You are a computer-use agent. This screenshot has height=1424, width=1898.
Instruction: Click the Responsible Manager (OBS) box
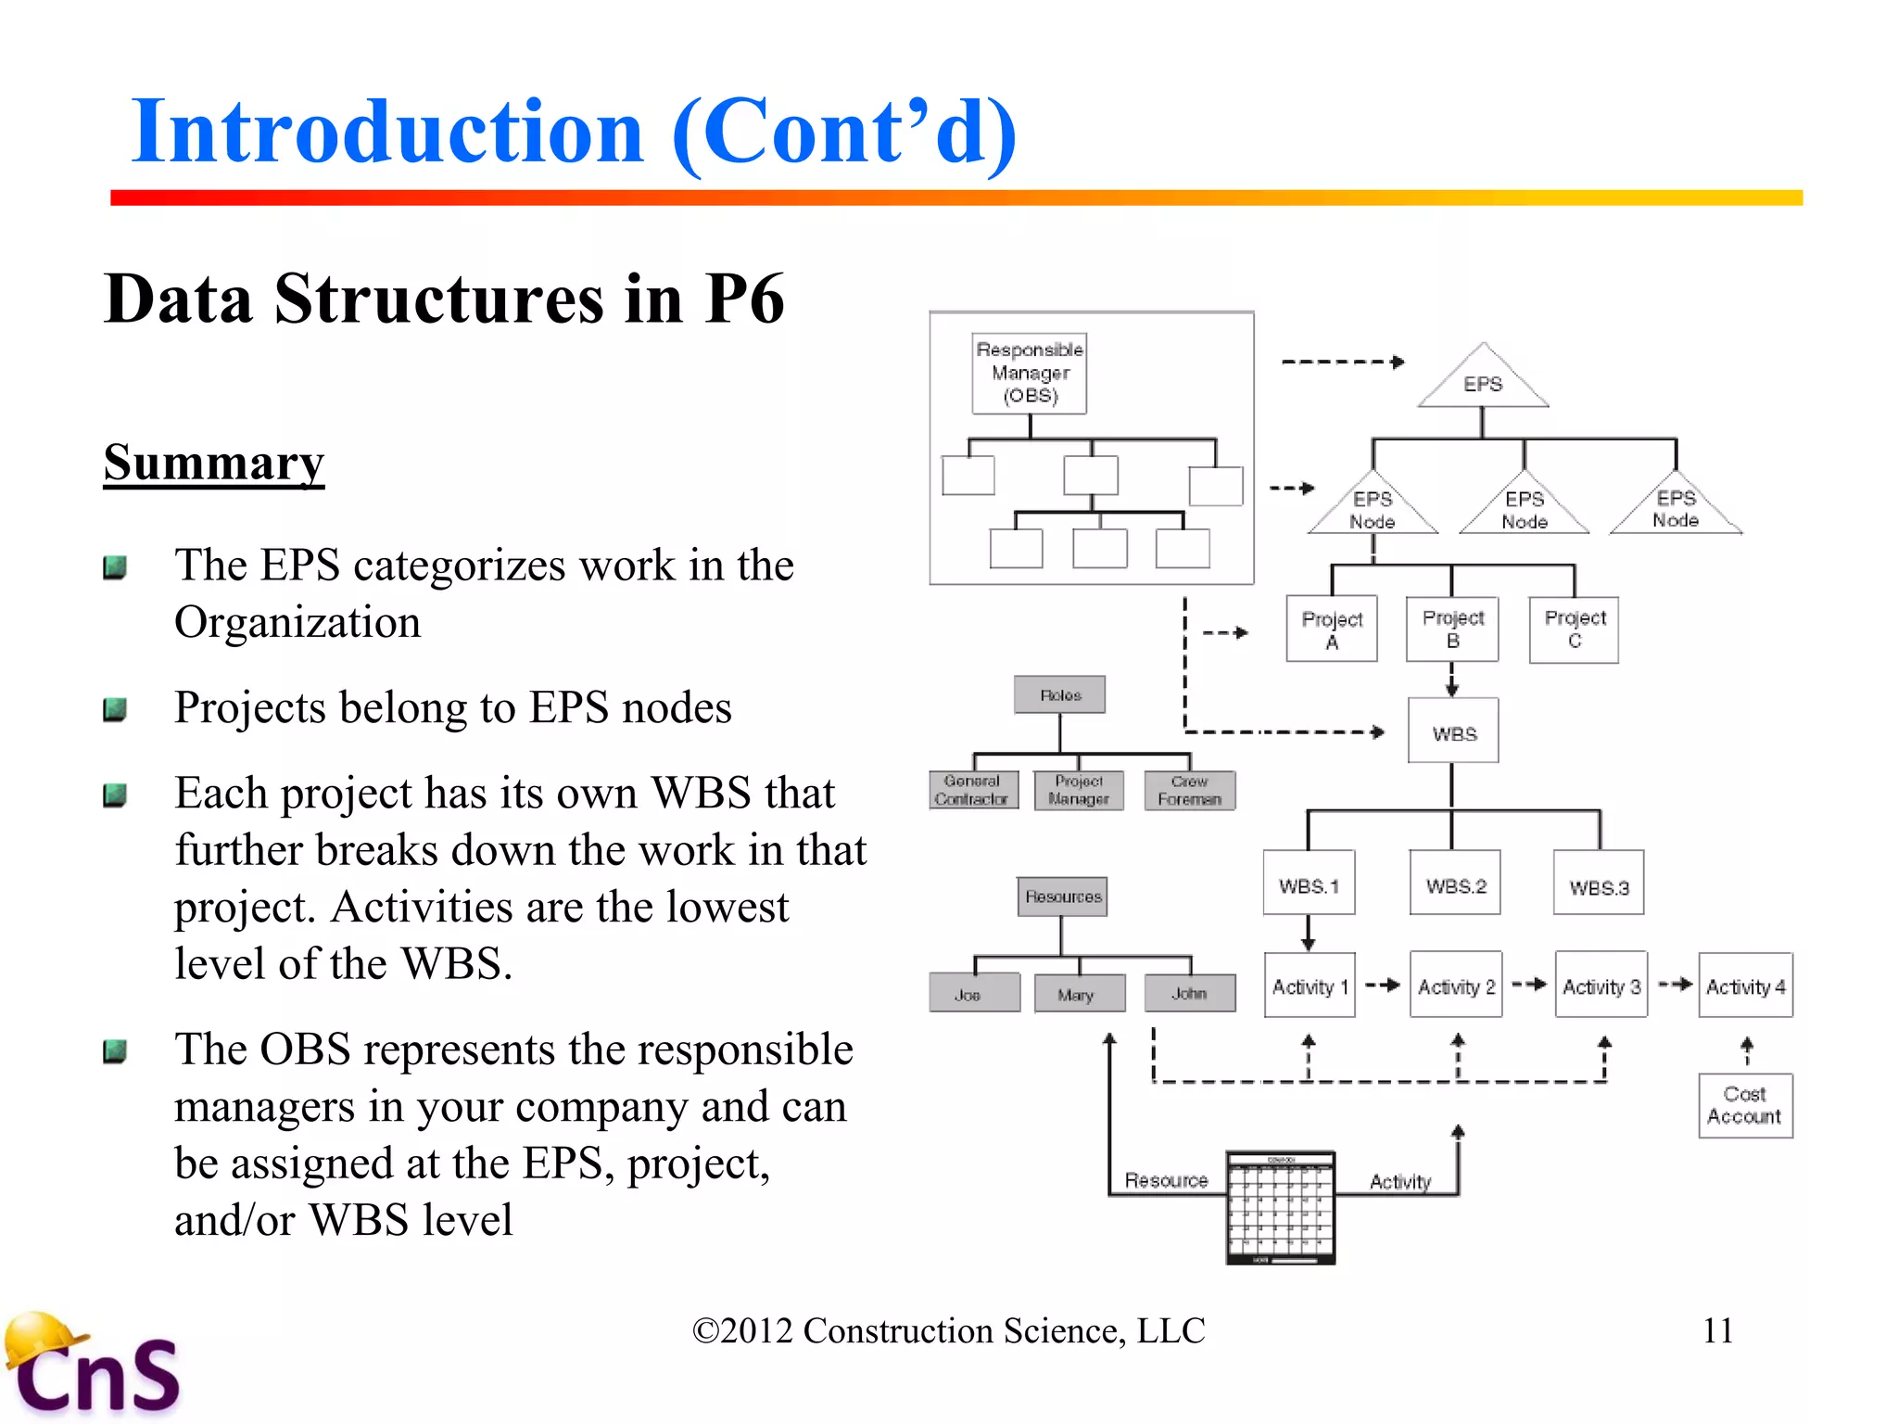click(x=1029, y=373)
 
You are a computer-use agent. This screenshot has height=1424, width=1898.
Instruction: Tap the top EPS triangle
click(x=1483, y=381)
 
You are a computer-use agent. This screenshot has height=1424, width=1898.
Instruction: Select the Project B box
click(x=1452, y=629)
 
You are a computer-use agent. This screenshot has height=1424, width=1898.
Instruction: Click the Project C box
click(x=1574, y=629)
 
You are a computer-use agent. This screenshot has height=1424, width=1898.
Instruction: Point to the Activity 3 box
click(x=1601, y=985)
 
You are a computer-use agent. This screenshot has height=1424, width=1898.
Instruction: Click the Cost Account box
click(x=1745, y=1106)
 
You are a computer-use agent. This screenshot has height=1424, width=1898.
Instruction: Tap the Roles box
click(x=1059, y=694)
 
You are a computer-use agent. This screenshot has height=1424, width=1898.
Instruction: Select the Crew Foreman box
click(x=1189, y=791)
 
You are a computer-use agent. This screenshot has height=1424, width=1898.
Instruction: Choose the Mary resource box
click(x=1078, y=994)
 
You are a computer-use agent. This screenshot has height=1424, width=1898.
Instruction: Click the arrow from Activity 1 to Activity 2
click(x=1383, y=985)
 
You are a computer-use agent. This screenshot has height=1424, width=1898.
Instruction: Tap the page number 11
click(x=1717, y=1331)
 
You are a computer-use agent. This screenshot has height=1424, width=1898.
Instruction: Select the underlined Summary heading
click(x=214, y=462)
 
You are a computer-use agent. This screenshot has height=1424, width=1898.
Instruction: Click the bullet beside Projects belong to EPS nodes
click(x=115, y=710)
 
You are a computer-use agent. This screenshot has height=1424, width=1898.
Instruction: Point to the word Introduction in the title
click(x=387, y=132)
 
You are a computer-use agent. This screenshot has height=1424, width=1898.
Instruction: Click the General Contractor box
click(x=972, y=791)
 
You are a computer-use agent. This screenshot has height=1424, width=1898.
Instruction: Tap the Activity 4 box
click(x=1745, y=985)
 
